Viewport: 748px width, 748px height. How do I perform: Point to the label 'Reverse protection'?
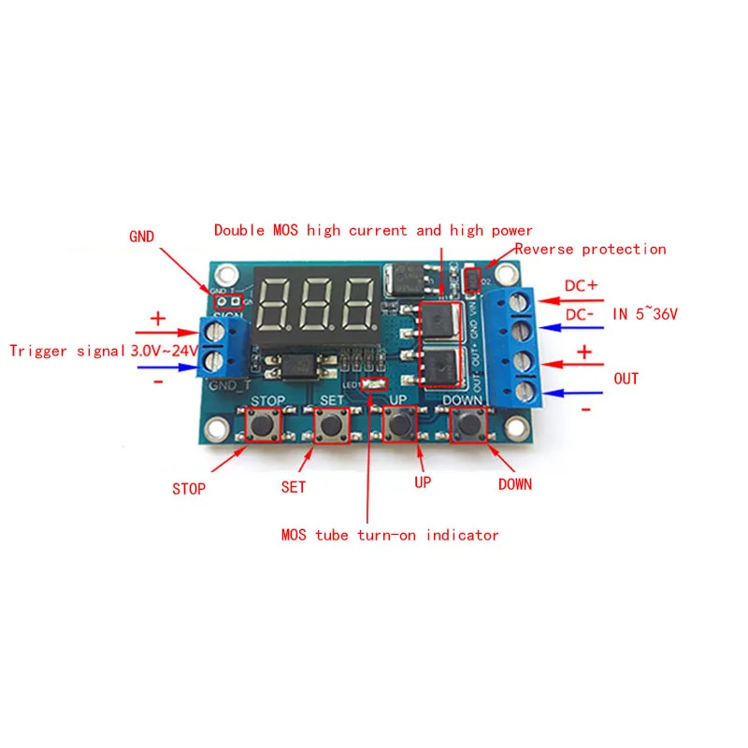coord(590,249)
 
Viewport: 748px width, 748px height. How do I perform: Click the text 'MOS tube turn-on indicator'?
coord(390,535)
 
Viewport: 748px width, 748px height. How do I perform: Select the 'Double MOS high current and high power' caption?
coord(373,230)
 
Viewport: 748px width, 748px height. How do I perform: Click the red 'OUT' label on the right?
coord(626,379)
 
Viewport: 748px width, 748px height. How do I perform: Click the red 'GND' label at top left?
coord(143,237)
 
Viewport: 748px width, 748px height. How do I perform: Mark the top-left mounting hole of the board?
coord(223,276)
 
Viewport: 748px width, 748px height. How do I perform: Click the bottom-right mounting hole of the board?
coord(512,428)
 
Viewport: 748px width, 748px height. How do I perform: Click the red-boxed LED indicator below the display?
coord(373,384)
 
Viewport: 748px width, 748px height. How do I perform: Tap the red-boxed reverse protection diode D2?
coord(472,279)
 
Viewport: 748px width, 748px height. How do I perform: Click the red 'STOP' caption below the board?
coord(188,488)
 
